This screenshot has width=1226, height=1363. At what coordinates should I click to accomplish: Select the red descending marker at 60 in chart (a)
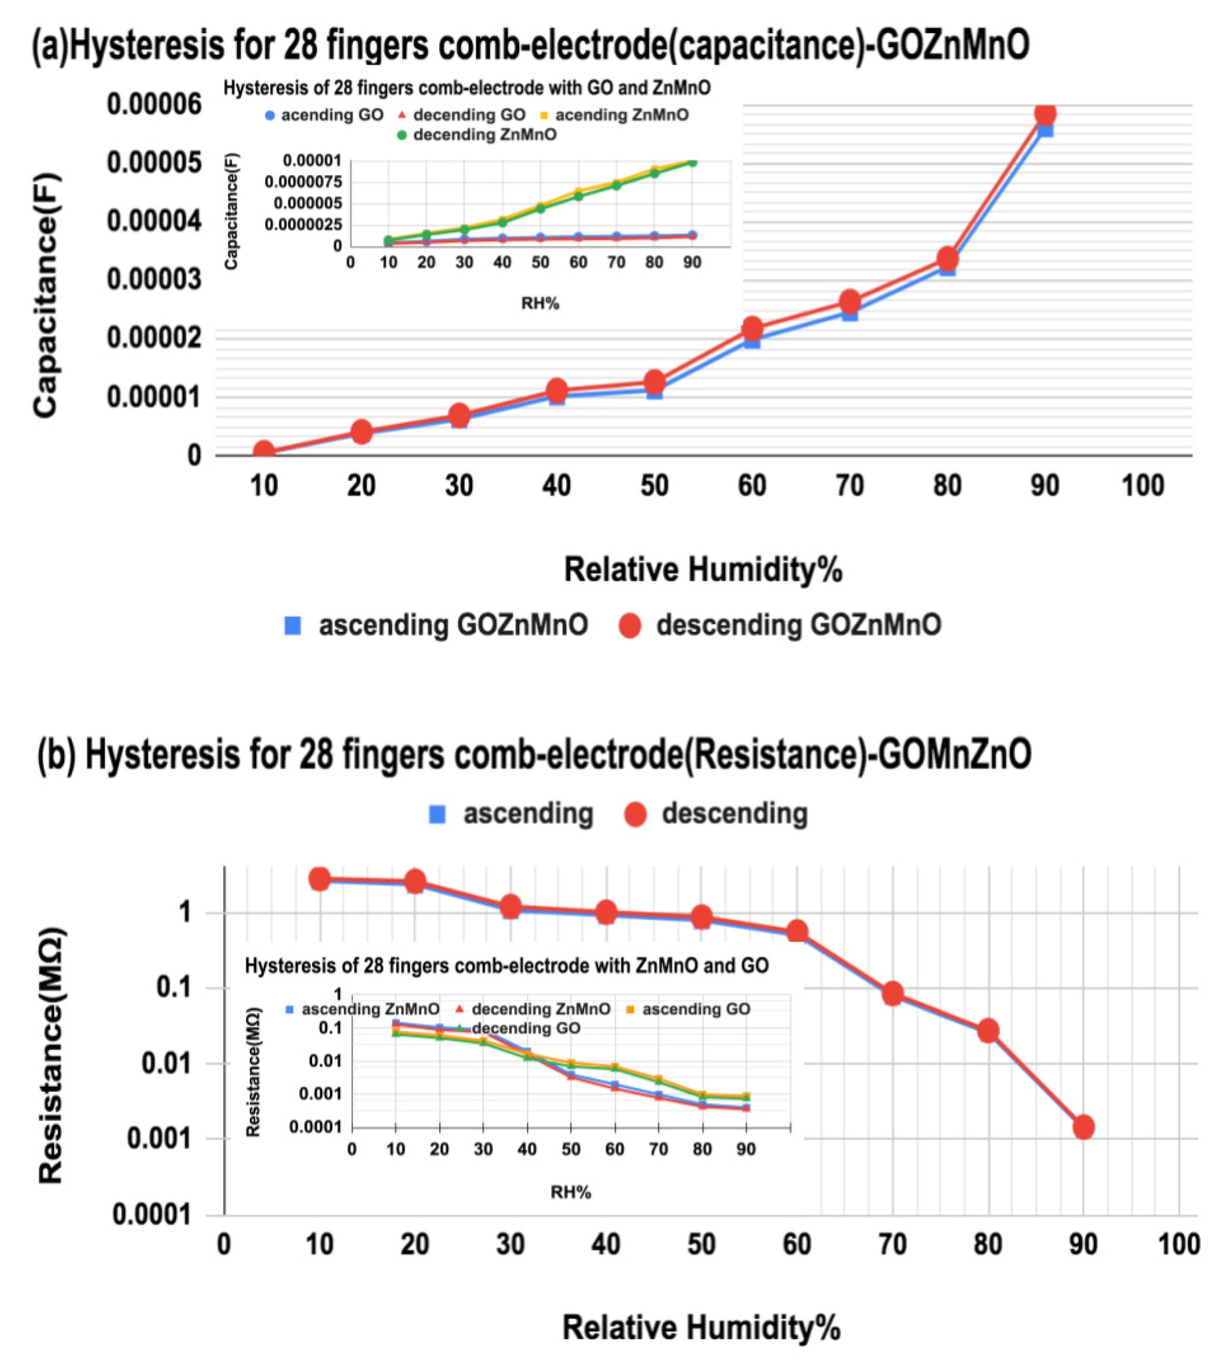pos(753,328)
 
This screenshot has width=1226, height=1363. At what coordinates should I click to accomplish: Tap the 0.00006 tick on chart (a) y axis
pos(154,104)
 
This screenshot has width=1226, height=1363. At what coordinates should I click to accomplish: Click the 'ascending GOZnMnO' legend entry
pos(438,625)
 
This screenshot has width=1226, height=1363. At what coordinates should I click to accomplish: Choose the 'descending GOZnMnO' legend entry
pos(781,625)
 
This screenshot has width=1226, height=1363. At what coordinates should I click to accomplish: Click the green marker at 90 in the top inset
pos(692,162)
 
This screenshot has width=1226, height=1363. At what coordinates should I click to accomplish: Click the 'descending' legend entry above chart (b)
pos(718,814)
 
